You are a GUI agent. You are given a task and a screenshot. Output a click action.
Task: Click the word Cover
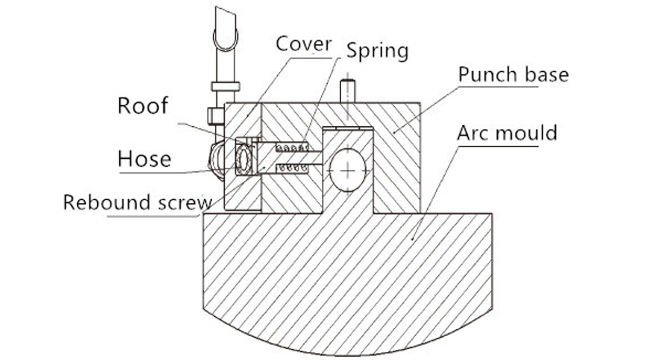pyautogui.click(x=303, y=44)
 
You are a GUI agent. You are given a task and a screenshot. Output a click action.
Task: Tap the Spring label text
pyautogui.click(x=377, y=51)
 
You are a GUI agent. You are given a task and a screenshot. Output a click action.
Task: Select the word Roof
pyautogui.click(x=143, y=106)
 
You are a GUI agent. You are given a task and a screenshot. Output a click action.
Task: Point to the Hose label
pyautogui.click(x=144, y=159)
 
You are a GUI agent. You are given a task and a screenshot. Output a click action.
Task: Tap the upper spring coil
pyautogui.click(x=292, y=147)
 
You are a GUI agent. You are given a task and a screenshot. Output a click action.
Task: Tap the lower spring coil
pyautogui.click(x=292, y=168)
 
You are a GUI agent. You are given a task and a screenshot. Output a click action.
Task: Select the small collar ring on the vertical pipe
pyautogui.click(x=225, y=86)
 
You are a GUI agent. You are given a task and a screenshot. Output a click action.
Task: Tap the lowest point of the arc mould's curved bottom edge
pyautogui.click(x=348, y=355)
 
